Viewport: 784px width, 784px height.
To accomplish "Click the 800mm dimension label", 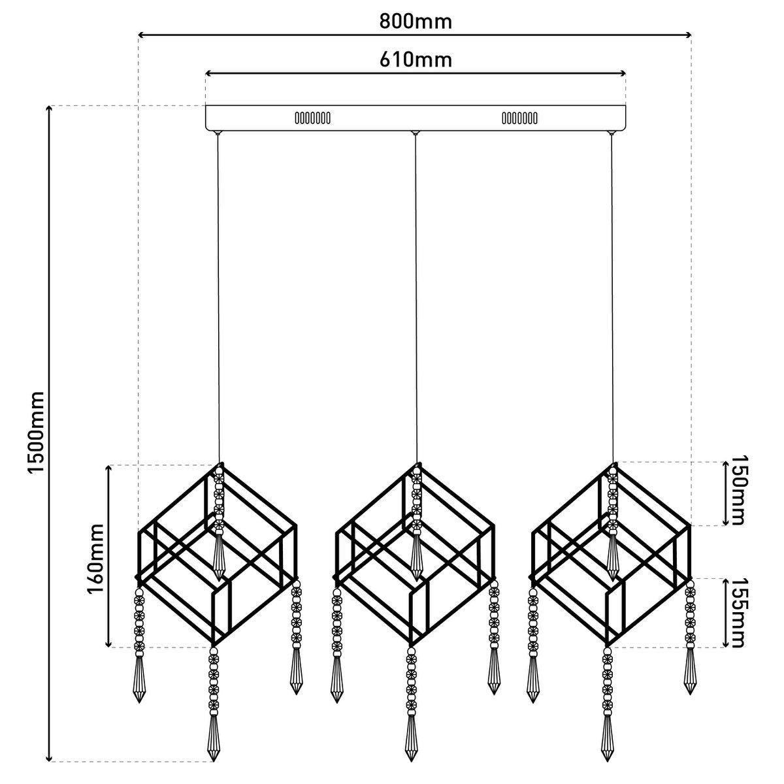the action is point(416,22).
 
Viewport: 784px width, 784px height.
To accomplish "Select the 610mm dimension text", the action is point(416,60).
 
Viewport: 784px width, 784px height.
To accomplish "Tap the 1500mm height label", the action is point(35,433).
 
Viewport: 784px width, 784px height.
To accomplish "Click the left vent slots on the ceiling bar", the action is point(312,118).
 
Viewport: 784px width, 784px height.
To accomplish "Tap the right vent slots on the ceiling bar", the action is point(519,118).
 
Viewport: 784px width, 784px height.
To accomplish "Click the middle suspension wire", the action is point(416,298).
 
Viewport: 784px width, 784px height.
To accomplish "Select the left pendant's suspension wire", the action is point(218,298).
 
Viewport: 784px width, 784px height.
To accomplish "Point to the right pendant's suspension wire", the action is point(612,298).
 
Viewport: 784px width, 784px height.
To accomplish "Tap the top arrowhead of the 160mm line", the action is point(108,468).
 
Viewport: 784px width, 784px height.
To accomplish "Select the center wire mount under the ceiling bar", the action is point(415,133).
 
